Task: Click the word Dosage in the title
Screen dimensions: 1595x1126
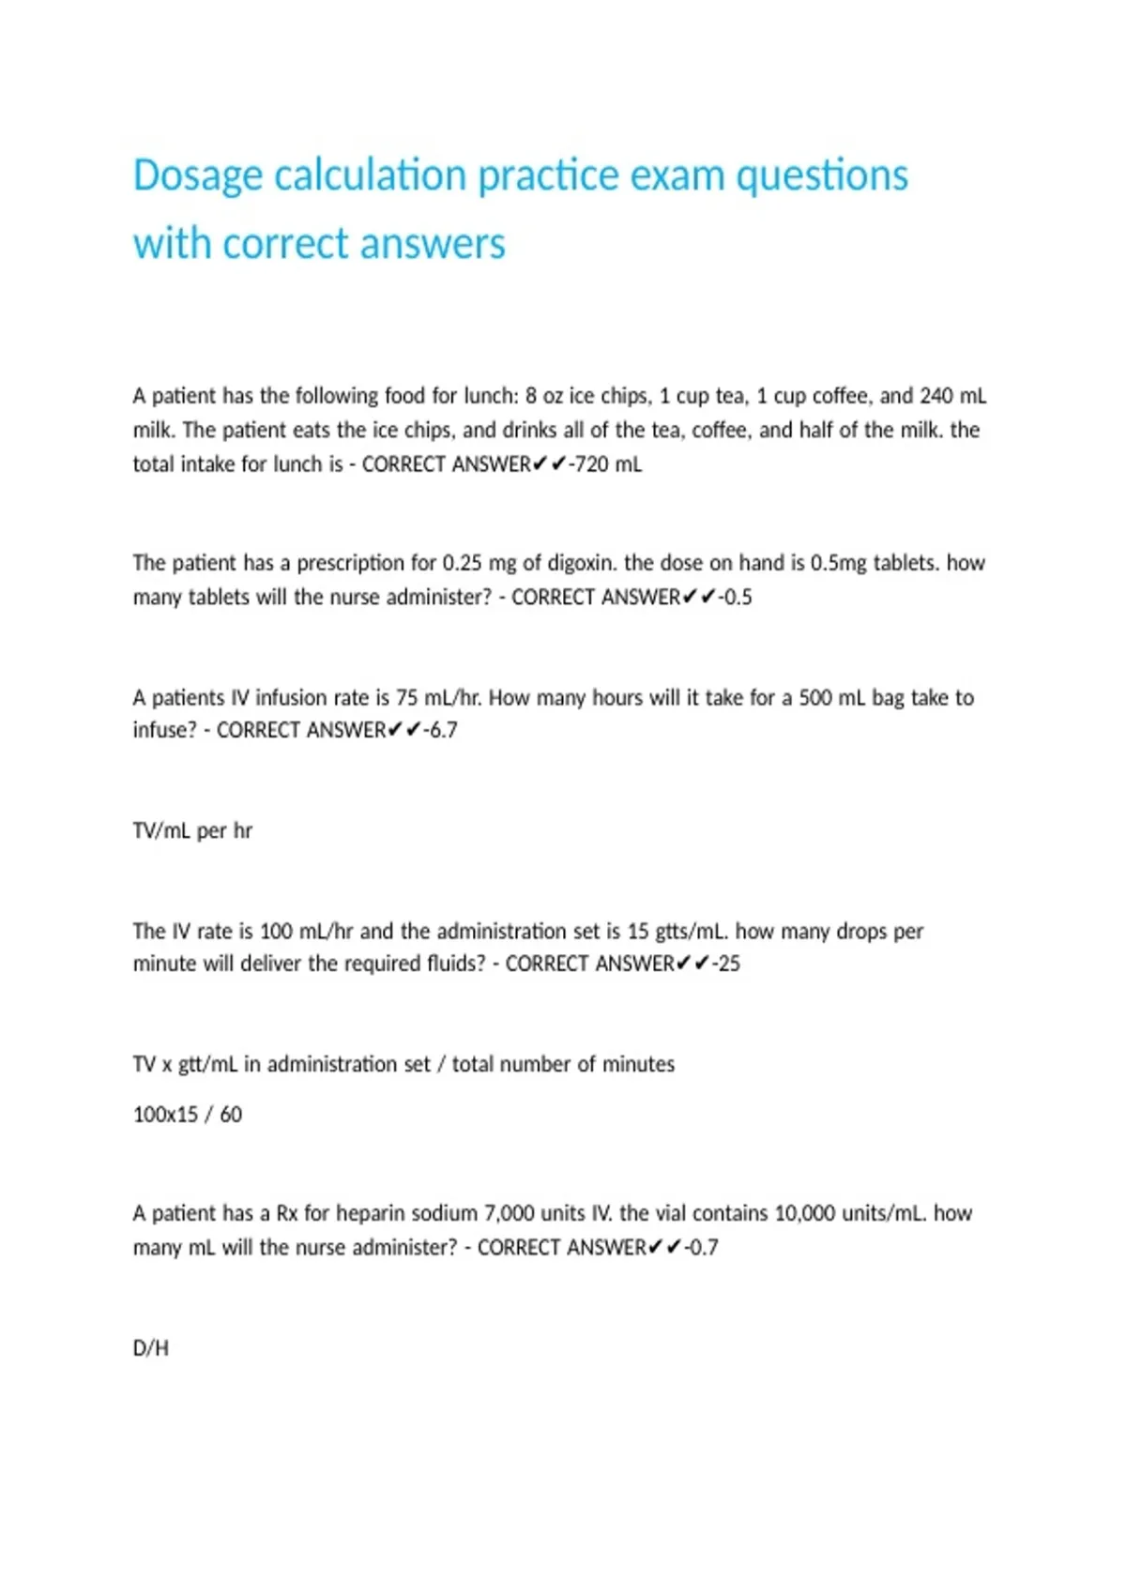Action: pyautogui.click(x=197, y=176)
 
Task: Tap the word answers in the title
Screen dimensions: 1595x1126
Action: pyautogui.click(x=433, y=244)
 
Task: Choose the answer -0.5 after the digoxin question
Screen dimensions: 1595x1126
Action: pyautogui.click(x=736, y=598)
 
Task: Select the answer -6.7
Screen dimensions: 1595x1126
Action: pyautogui.click(x=440, y=730)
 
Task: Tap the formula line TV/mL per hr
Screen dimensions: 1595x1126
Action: pyautogui.click(x=192, y=831)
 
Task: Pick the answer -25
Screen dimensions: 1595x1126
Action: pyautogui.click(x=725, y=965)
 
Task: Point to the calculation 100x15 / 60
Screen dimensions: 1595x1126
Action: pyautogui.click(x=188, y=1115)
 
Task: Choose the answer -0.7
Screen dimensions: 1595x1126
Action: pyautogui.click(x=701, y=1248)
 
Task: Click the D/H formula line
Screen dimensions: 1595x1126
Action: pyautogui.click(x=150, y=1349)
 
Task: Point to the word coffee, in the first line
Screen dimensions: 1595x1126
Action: pyautogui.click(x=821, y=396)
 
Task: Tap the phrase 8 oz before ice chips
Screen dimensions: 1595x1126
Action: pyautogui.click(x=543, y=396)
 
